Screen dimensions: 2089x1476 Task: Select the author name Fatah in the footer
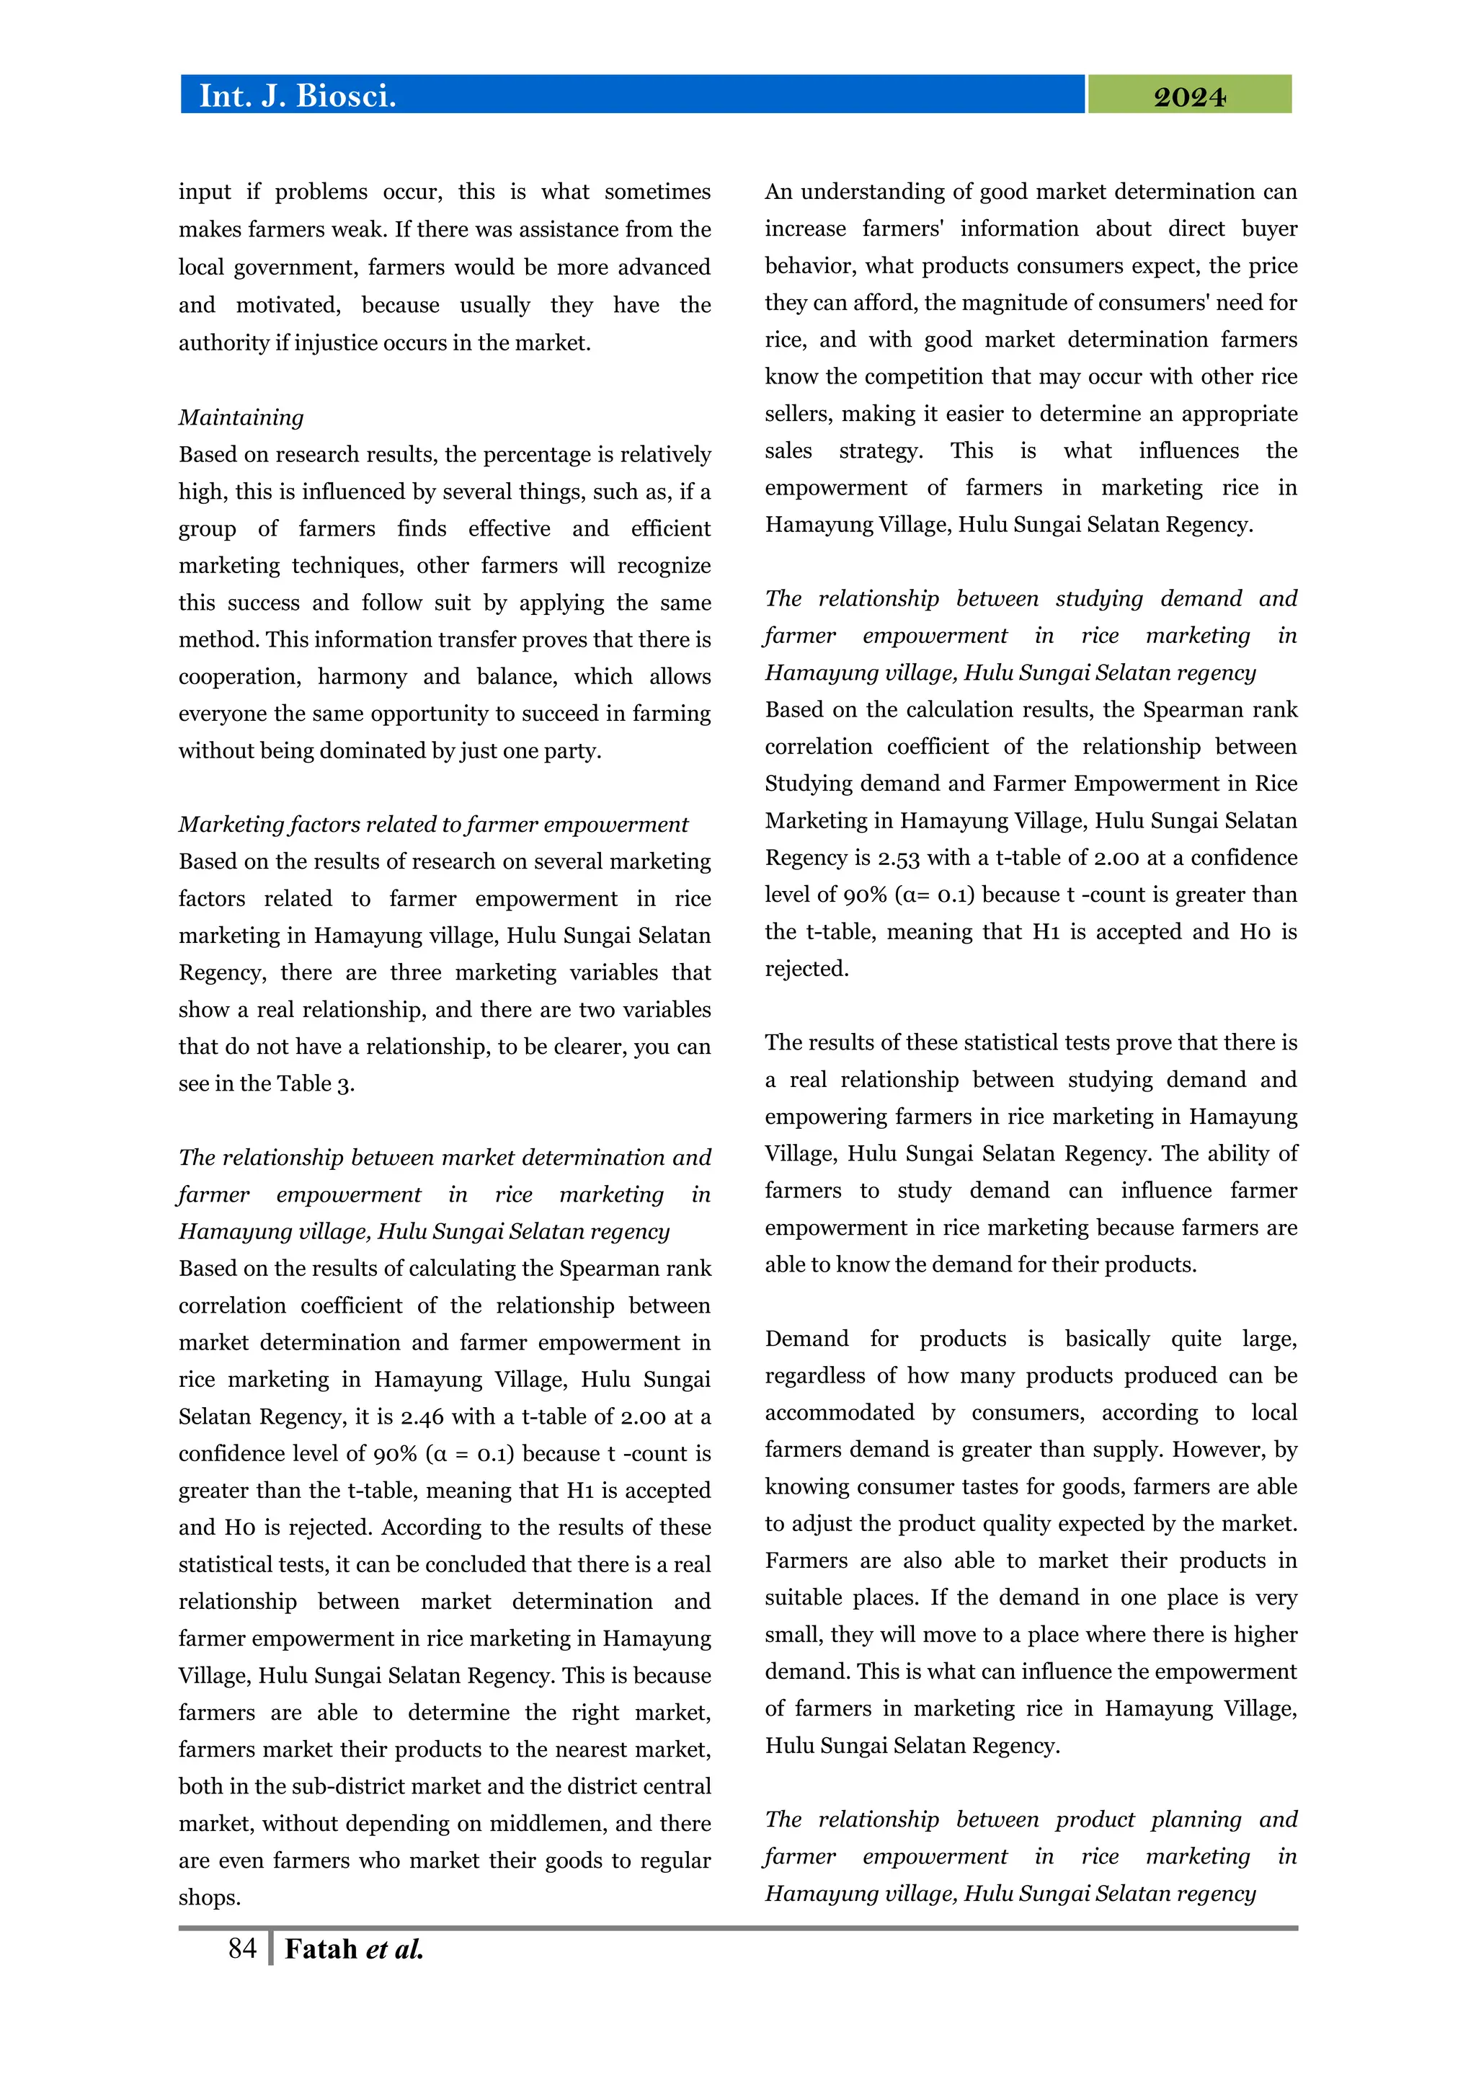point(321,1949)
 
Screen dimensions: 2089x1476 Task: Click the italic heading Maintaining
point(241,417)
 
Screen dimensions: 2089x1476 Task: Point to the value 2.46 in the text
point(424,1416)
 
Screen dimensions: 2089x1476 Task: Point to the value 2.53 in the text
point(899,858)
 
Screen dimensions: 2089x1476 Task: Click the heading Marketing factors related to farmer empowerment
point(433,825)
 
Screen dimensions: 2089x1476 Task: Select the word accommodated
point(840,1413)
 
